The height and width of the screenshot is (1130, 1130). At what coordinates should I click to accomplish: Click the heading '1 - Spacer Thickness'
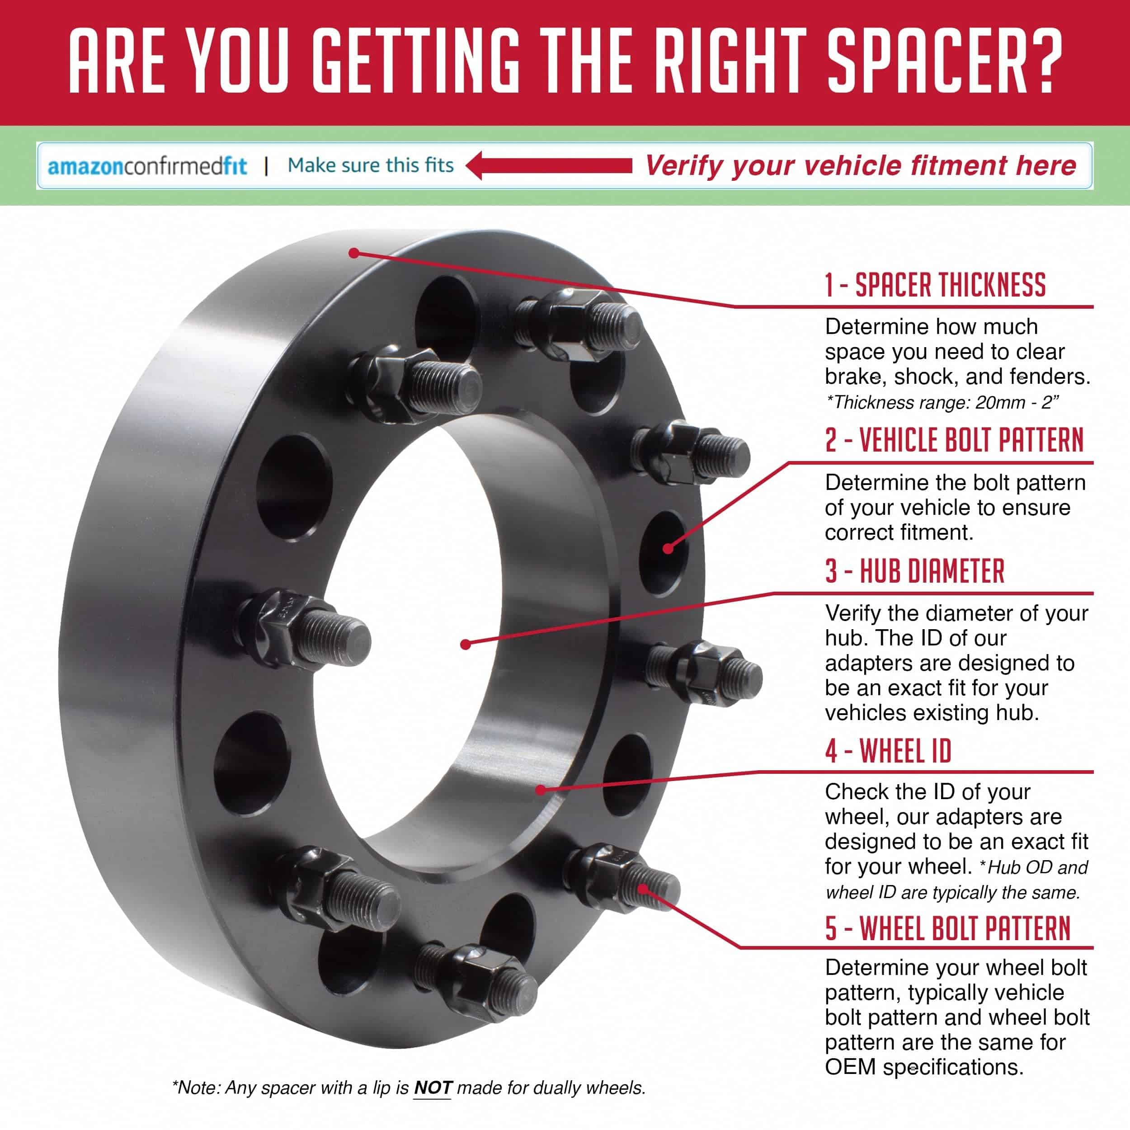click(935, 285)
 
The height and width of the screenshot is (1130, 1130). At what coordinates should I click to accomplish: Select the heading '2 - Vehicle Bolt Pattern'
click(954, 440)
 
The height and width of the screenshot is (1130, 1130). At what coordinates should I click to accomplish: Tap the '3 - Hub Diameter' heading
click(915, 571)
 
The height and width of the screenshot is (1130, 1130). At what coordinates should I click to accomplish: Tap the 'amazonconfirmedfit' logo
click(147, 166)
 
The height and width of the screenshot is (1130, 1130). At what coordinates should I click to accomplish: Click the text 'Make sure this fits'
click(370, 165)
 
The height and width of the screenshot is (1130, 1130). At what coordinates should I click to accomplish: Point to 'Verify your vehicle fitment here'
click(860, 166)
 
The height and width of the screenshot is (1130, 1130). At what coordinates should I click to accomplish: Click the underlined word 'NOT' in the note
click(433, 1088)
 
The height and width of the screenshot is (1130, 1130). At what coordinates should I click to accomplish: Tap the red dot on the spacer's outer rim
click(353, 253)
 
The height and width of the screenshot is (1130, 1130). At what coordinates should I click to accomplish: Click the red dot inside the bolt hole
click(668, 548)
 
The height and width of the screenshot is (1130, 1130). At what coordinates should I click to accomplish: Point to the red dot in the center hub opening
click(466, 645)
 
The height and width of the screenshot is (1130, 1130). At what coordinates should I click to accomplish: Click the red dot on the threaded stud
click(643, 889)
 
